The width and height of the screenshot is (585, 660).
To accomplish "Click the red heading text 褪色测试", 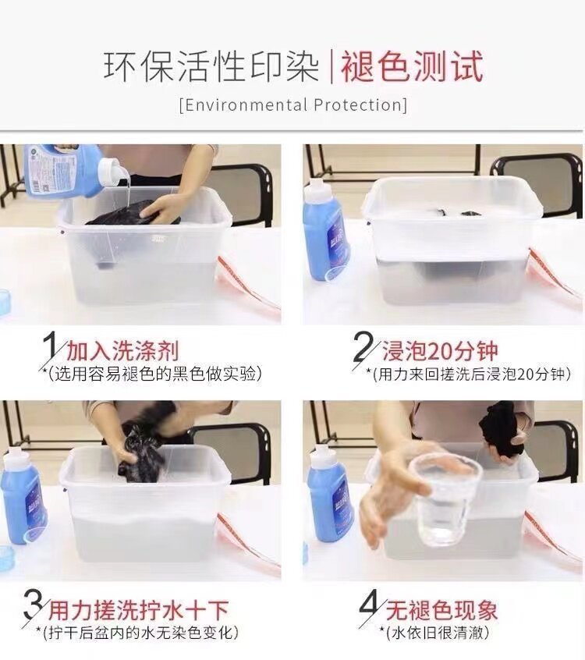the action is pyautogui.click(x=412, y=66).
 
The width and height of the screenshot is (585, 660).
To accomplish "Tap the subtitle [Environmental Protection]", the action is pyautogui.click(x=293, y=105).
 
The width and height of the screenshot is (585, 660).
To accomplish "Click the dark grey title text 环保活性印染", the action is pyautogui.click(x=211, y=66).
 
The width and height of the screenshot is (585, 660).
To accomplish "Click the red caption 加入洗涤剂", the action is pyautogui.click(x=122, y=350).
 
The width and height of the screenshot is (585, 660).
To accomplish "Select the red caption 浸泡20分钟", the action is pyautogui.click(x=440, y=350).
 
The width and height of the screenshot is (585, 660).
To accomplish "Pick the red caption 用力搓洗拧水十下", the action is pyautogui.click(x=139, y=610).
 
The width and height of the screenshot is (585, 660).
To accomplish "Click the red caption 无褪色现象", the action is pyautogui.click(x=442, y=610).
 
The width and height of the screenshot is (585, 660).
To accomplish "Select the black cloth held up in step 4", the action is pyautogui.click(x=501, y=429).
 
